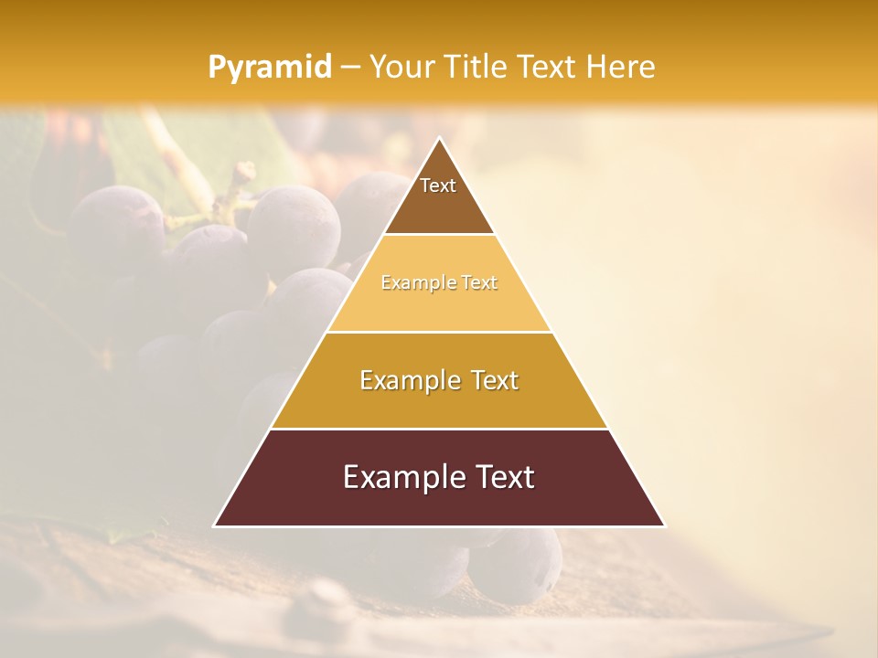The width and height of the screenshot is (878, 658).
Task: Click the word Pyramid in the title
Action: [x=269, y=68]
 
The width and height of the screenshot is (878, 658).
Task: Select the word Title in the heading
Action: [x=478, y=67]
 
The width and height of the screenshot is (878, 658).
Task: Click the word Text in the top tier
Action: [x=438, y=186]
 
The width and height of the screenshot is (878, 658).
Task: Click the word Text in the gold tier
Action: [x=490, y=380]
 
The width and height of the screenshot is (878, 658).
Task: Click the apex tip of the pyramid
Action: [x=439, y=138]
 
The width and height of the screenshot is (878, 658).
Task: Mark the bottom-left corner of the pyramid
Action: [x=215, y=525]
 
